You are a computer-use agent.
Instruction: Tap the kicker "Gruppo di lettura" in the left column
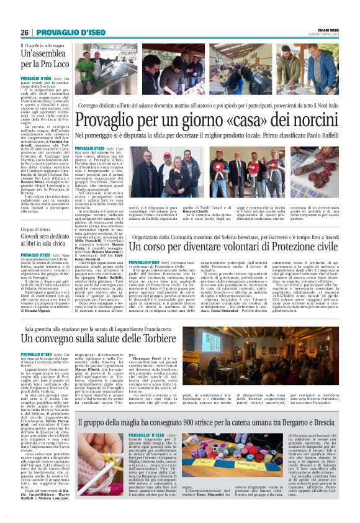click(x=36, y=229)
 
